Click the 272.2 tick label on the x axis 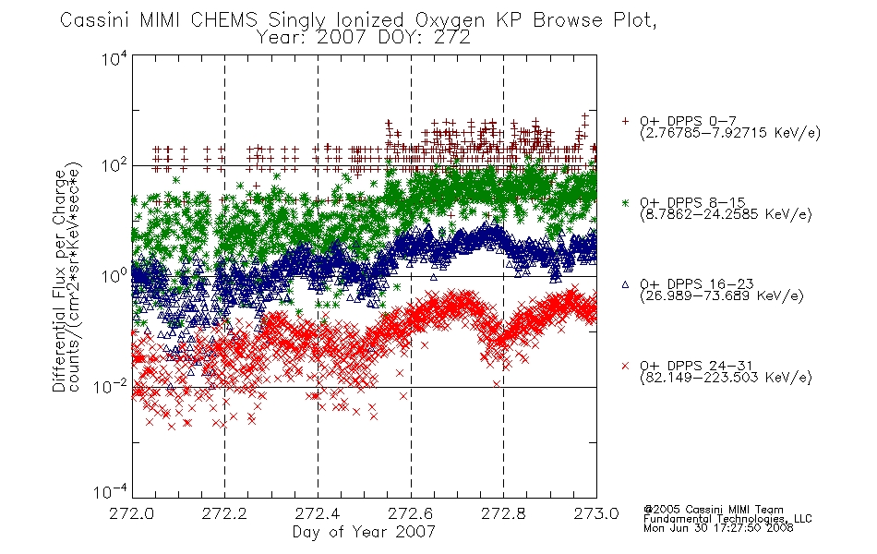pyautogui.click(x=224, y=513)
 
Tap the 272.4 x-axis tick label pyautogui.click(x=318, y=513)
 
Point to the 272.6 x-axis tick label pyautogui.click(x=411, y=513)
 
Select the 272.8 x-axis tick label pyautogui.click(x=503, y=513)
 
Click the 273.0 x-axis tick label pyautogui.click(x=596, y=513)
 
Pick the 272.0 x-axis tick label pyautogui.click(x=131, y=513)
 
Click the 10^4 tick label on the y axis pyautogui.click(x=114, y=59)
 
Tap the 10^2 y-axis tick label pyautogui.click(x=114, y=165)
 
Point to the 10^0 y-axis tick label pyautogui.click(x=114, y=276)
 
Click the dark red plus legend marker pyautogui.click(x=625, y=121)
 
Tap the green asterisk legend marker pyautogui.click(x=625, y=202)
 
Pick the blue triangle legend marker pyautogui.click(x=625, y=284)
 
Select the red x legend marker pyautogui.click(x=625, y=366)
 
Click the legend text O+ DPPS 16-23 pyautogui.click(x=697, y=284)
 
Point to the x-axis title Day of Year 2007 pyautogui.click(x=364, y=532)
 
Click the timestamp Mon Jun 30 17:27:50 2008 pyautogui.click(x=718, y=528)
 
